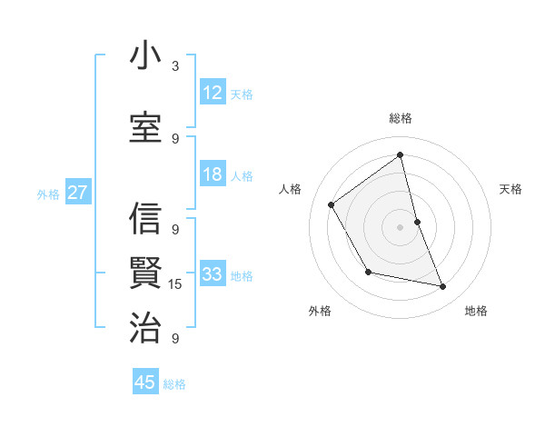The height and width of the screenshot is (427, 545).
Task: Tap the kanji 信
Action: click(x=145, y=219)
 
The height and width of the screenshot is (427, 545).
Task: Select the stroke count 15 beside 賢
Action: click(x=176, y=284)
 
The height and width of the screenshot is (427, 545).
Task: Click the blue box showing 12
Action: click(x=213, y=93)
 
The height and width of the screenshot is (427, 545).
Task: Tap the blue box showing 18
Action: click(x=213, y=174)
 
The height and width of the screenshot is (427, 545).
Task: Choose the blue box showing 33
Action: click(x=213, y=274)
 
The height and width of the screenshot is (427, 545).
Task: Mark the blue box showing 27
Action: click(x=78, y=193)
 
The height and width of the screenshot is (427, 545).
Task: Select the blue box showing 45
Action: click(x=145, y=382)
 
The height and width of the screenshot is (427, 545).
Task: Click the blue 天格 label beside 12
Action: click(x=242, y=94)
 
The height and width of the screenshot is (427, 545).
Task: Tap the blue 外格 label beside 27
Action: click(x=48, y=194)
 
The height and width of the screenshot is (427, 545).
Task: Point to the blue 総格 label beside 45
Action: click(x=174, y=384)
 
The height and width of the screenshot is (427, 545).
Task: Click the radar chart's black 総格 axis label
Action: click(x=400, y=118)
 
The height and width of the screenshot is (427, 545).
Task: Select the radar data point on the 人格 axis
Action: click(x=332, y=204)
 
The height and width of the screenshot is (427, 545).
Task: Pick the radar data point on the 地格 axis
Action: click(x=443, y=287)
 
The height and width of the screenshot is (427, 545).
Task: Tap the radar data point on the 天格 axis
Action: click(x=417, y=221)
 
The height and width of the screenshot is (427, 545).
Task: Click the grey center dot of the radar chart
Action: click(x=400, y=226)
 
